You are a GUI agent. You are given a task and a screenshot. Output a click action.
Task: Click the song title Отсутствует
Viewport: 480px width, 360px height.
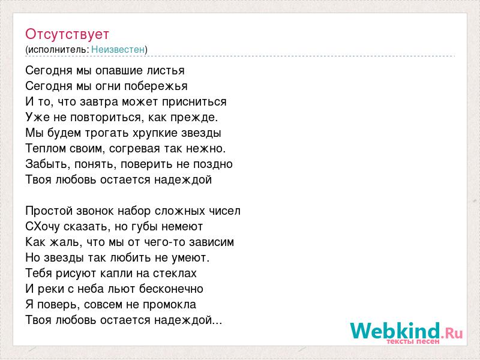(x=67, y=34)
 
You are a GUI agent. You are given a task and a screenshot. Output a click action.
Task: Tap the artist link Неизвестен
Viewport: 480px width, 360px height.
(x=118, y=49)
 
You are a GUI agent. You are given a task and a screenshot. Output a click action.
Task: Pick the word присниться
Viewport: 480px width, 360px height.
(x=194, y=101)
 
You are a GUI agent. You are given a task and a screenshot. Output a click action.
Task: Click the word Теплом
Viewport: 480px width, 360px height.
(x=46, y=148)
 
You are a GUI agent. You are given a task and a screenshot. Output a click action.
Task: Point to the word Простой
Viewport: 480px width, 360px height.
(x=49, y=211)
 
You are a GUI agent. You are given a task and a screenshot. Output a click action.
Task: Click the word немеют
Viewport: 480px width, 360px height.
(x=182, y=227)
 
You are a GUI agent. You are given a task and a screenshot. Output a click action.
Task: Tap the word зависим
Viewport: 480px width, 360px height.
(x=212, y=242)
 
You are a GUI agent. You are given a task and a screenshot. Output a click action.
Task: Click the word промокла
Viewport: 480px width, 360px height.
(x=170, y=305)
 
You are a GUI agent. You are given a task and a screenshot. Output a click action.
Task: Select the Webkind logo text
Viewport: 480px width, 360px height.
(x=395, y=331)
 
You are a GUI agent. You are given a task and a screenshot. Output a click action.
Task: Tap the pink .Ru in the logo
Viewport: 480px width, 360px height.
(x=452, y=333)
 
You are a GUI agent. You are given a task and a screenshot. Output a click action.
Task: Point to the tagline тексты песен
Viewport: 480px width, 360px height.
(x=413, y=341)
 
